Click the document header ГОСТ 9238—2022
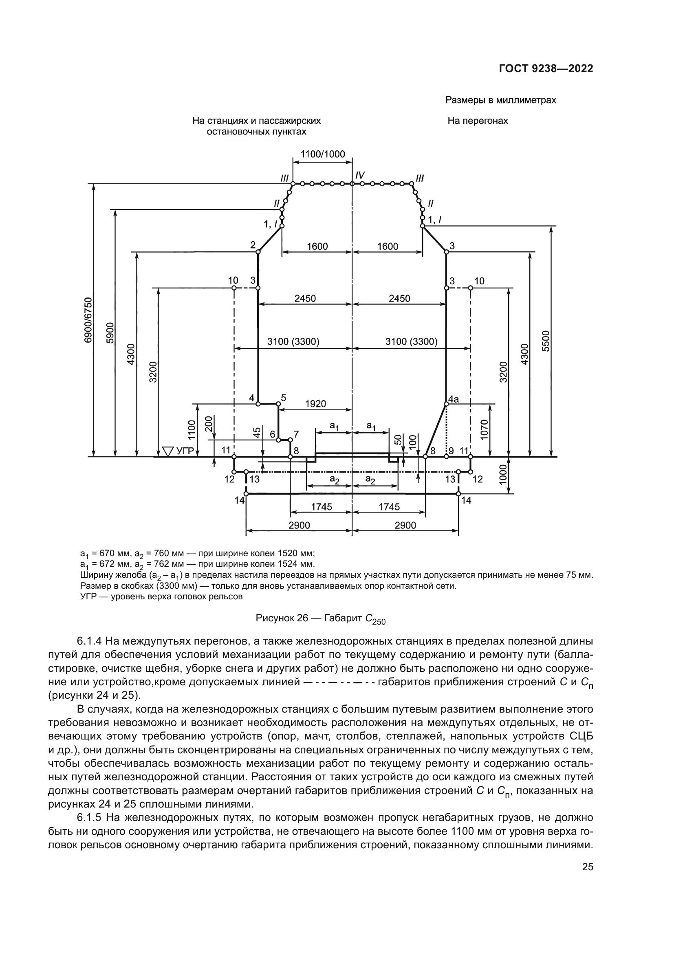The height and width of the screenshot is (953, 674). click(x=546, y=69)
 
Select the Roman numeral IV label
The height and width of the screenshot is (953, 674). click(x=359, y=176)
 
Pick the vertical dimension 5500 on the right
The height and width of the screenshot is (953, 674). click(x=546, y=341)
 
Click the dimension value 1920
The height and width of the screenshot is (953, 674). click(x=315, y=404)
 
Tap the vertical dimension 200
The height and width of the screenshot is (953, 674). click(x=209, y=424)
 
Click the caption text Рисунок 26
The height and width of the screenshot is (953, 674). click(x=282, y=618)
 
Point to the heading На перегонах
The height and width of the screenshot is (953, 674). click(x=477, y=121)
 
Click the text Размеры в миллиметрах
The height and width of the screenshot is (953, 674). click(x=500, y=100)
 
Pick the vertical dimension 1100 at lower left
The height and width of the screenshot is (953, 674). click(x=192, y=430)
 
